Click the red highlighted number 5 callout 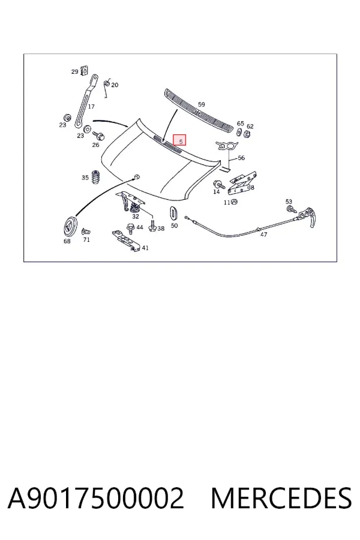pos(179,140)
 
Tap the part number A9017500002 pos(96,497)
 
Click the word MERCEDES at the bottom pos(281,497)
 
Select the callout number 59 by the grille pos(201,104)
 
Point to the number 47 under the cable pos(263,235)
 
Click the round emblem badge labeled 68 pos(70,226)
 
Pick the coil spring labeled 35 pos(96,177)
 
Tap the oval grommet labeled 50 pos(174,212)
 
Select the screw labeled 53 pos(290,209)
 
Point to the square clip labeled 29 pos(83,70)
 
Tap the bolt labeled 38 pos(152,226)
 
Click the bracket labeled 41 pos(126,240)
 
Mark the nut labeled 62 pos(247,134)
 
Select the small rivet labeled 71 pos(85,231)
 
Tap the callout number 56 pos(241,158)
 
